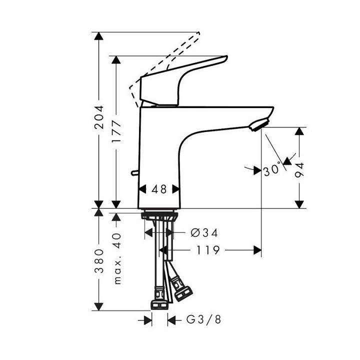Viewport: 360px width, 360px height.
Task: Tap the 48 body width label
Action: tap(159, 189)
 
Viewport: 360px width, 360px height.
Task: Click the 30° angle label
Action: tap(272, 170)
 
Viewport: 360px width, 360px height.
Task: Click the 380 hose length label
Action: tap(100, 260)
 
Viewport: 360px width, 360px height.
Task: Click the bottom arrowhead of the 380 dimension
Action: tap(100, 304)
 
